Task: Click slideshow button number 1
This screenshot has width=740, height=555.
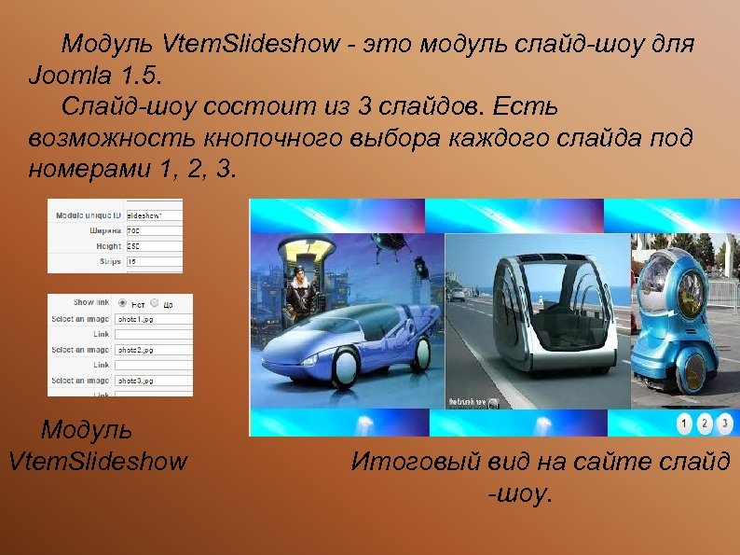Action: [x=685, y=423]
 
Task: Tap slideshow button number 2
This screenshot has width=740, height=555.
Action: [x=705, y=423]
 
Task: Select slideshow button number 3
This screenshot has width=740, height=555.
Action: [x=724, y=423]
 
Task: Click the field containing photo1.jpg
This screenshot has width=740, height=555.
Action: [x=153, y=318]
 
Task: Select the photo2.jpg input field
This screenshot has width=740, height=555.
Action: [x=153, y=350]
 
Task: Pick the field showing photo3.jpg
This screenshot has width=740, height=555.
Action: [x=153, y=381]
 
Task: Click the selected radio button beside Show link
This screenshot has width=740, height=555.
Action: [x=123, y=303]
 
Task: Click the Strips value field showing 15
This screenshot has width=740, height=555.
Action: [x=153, y=262]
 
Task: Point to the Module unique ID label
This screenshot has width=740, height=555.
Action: [x=89, y=215]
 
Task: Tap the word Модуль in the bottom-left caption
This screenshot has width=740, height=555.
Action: [x=87, y=430]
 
